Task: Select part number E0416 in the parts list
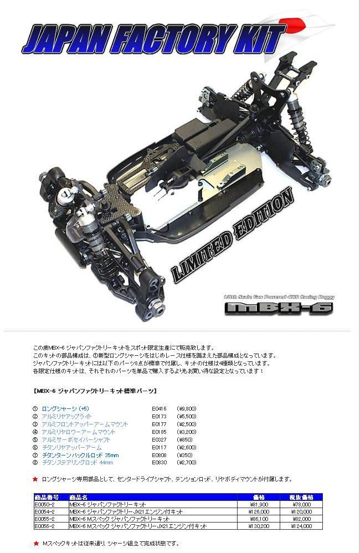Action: point(159,408)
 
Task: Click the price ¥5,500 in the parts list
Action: point(187,416)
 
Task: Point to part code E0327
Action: point(159,439)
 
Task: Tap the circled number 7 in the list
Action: point(35,454)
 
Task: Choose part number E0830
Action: point(159,462)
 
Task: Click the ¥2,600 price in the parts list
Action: point(187,447)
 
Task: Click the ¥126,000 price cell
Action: point(260,511)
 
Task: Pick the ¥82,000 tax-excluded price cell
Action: point(302,519)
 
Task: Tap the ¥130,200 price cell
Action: point(260,526)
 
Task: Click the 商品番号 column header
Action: point(47,497)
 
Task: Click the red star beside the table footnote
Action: point(35,544)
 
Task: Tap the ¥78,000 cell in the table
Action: point(302,504)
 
